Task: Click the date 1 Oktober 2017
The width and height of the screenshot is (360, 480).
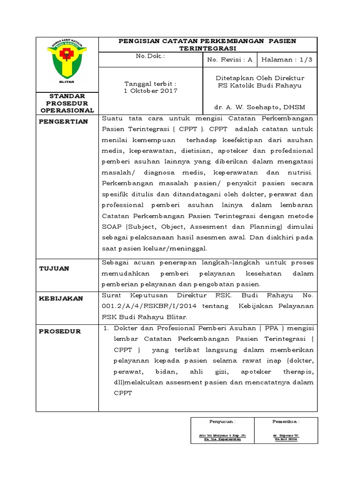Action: click(x=150, y=91)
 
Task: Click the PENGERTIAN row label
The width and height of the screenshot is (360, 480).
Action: click(x=64, y=121)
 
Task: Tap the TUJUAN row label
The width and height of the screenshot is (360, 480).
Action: click(x=54, y=268)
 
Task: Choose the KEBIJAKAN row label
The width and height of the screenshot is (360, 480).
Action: click(x=61, y=298)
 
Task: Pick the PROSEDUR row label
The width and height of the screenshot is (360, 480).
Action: click(x=60, y=331)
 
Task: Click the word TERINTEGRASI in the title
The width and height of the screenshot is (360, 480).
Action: click(x=208, y=48)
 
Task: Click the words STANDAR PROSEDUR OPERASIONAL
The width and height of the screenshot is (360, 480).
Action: click(x=67, y=103)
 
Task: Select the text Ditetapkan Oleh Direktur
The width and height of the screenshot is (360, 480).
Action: click(x=259, y=78)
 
